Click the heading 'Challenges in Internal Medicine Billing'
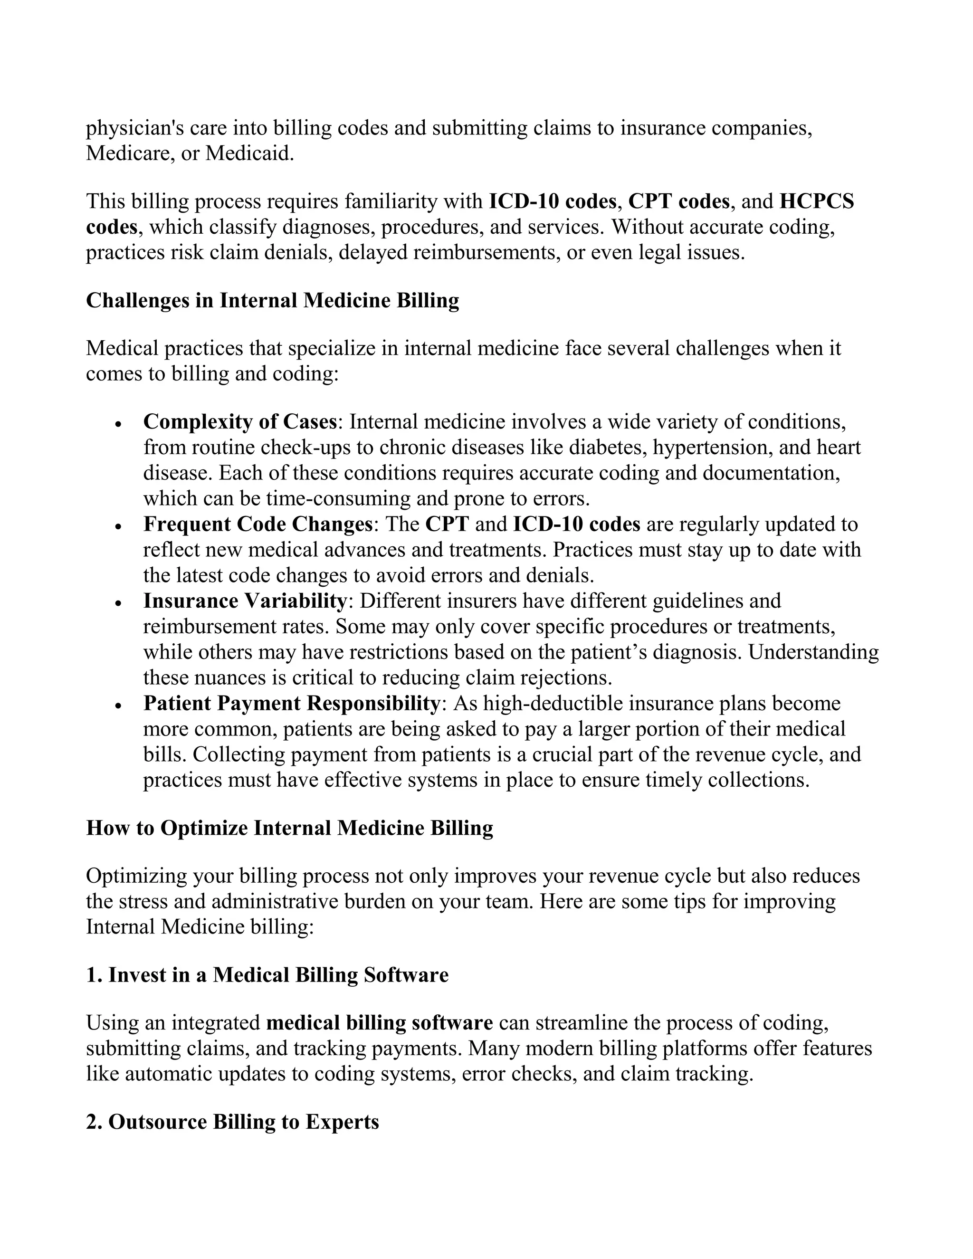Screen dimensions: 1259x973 [272, 301]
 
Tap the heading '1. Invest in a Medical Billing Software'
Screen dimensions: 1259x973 [267, 975]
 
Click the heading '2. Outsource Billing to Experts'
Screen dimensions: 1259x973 [232, 1122]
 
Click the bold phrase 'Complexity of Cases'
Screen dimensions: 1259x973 [240, 422]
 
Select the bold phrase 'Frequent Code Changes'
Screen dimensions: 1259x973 [258, 524]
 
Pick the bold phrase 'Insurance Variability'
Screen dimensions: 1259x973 [244, 601]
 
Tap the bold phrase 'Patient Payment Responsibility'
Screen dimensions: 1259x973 [292, 703]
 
